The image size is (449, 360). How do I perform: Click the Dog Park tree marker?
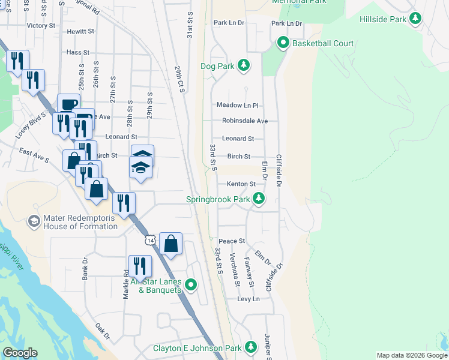point(243,65)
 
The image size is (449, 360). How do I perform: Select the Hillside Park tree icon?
point(415,19)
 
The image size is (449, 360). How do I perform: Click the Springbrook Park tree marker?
point(259,199)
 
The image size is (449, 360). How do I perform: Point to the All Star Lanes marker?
point(191,284)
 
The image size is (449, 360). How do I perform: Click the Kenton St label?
point(241,184)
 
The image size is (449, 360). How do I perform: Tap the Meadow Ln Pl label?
point(237,105)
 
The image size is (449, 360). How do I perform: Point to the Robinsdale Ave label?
point(245,121)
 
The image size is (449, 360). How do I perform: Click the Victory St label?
point(41,26)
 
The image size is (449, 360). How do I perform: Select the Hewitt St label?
point(81,31)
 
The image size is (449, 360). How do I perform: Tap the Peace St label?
point(232,241)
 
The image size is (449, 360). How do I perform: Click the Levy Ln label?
point(249,299)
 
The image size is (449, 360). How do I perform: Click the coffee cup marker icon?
point(68,103)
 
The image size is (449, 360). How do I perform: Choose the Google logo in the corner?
point(20,353)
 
